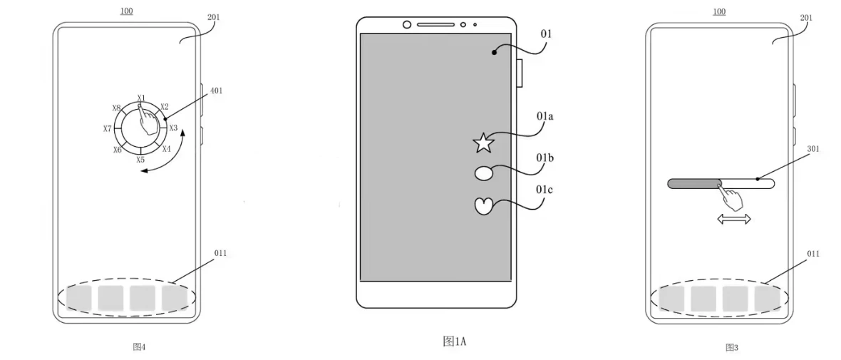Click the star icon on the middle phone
point(483,143)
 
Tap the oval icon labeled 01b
point(485,174)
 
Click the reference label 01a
point(546,116)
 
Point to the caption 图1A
point(454,341)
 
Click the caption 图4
point(139,346)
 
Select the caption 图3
point(731,348)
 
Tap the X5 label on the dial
point(140,160)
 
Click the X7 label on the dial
point(108,129)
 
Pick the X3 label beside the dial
point(173,128)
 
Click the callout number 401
point(216,91)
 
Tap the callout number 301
point(812,150)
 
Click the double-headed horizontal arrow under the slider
point(734,218)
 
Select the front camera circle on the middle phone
point(406,24)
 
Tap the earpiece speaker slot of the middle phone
point(436,24)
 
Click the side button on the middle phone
point(519,73)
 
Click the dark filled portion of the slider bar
point(693,184)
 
